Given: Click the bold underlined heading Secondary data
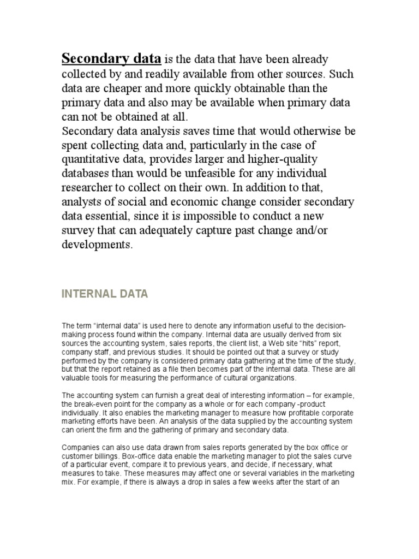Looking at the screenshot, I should [x=111, y=59].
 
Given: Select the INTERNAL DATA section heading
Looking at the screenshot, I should [x=104, y=295].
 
